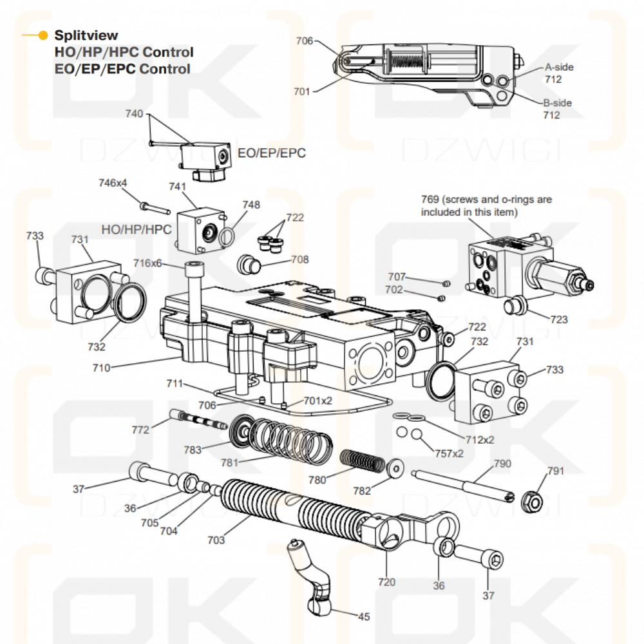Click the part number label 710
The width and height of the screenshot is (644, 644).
tap(101, 368)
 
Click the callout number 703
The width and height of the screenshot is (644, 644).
tap(216, 540)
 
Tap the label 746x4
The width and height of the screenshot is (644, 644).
tap(113, 182)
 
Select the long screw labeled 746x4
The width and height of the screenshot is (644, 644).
tap(155, 207)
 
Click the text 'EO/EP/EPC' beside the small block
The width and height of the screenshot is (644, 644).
tap(271, 153)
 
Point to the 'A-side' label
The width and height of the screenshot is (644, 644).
tap(559, 67)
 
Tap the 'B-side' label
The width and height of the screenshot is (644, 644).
tap(557, 102)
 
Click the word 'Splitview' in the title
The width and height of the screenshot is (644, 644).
tap(86, 35)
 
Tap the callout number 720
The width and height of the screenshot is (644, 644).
tap(386, 582)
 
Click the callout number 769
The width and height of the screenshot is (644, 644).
tap(431, 200)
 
